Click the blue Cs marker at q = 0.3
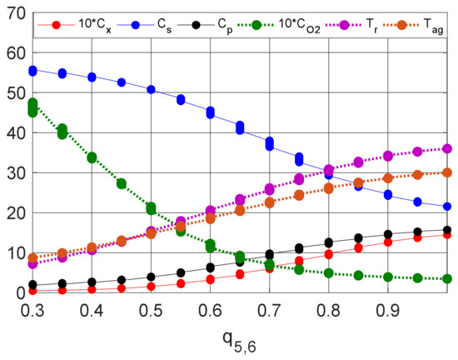33,71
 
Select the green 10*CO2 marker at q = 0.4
92,157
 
